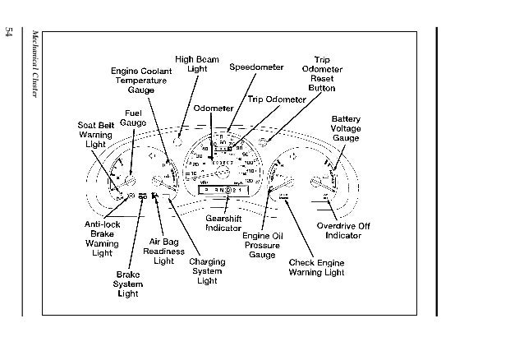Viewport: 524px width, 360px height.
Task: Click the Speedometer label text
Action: pyautogui.click(x=256, y=67)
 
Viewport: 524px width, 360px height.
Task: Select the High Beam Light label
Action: pyautogui.click(x=196, y=64)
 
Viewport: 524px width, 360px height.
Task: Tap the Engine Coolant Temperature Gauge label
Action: pyautogui.click(x=140, y=80)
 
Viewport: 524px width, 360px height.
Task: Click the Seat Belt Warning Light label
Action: pyautogui.click(x=95, y=134)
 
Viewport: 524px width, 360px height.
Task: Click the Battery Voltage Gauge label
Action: pyautogui.click(x=346, y=128)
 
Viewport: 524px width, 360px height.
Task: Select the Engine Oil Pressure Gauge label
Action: pyautogui.click(x=262, y=244)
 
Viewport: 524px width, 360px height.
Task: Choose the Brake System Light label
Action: pyautogui.click(x=129, y=284)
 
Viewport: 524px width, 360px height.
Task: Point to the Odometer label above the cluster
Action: pyautogui.click(x=213, y=108)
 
